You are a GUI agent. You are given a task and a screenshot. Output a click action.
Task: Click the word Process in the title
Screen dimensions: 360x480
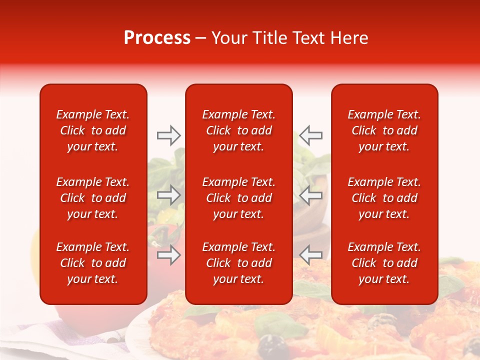click(x=157, y=38)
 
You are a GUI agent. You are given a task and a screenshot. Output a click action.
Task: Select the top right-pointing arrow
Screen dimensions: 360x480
click(x=168, y=135)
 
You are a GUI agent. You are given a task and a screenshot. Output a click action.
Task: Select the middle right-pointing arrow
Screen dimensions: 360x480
click(x=168, y=195)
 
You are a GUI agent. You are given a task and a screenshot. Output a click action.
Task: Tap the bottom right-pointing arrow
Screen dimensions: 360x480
click(x=168, y=255)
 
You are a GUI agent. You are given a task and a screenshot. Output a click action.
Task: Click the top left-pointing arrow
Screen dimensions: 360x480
click(x=311, y=135)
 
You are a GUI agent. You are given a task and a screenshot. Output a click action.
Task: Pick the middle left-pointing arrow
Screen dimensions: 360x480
click(x=311, y=195)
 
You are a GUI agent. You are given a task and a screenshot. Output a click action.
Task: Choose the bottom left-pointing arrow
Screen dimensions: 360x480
click(x=311, y=255)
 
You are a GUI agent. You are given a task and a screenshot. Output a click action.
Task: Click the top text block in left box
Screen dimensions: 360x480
click(x=93, y=130)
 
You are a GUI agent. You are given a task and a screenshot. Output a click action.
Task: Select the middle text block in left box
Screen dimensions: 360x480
click(x=93, y=198)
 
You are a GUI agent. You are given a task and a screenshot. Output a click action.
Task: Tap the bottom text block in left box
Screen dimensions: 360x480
click(x=93, y=263)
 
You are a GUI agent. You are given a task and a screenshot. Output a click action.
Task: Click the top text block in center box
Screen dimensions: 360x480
click(x=239, y=130)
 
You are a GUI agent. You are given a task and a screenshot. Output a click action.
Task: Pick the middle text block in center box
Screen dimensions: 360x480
click(x=239, y=198)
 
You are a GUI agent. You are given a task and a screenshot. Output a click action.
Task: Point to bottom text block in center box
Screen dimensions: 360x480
click(x=239, y=263)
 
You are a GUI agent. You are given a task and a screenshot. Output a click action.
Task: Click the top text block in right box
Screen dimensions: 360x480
click(x=384, y=130)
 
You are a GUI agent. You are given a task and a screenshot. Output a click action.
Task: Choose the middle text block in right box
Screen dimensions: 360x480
click(x=384, y=198)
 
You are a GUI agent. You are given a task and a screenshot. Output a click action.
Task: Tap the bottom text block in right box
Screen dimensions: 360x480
click(x=384, y=263)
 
